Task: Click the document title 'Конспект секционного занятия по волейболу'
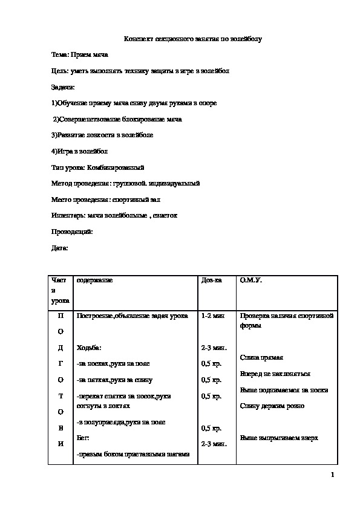click(192, 39)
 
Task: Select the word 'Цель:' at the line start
click(59, 71)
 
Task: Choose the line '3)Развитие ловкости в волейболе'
click(102, 135)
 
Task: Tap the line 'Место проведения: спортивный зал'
click(106, 199)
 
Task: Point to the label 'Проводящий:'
click(71, 231)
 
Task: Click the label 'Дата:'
click(59, 247)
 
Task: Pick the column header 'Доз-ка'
click(211, 280)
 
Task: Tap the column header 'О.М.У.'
click(251, 280)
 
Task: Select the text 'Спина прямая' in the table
click(261, 358)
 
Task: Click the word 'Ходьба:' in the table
click(89, 348)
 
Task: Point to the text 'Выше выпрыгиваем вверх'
click(279, 438)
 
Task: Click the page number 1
click(333, 475)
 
